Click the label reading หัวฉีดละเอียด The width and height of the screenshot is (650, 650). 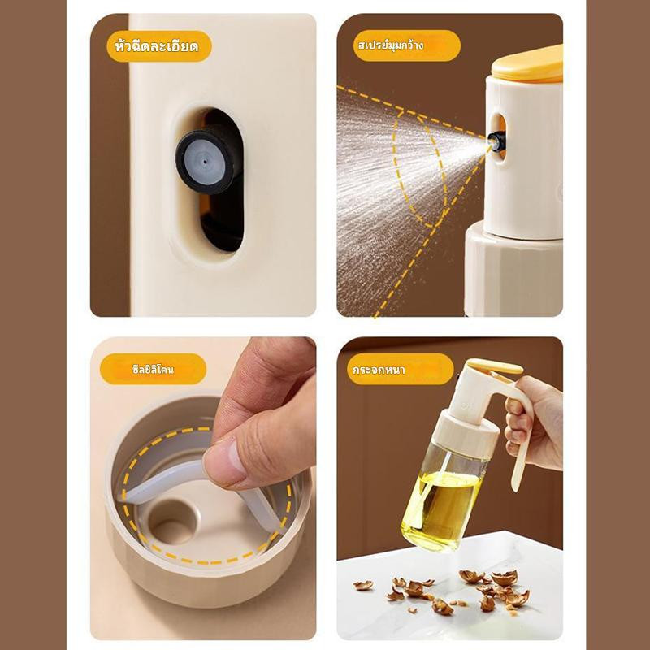157,46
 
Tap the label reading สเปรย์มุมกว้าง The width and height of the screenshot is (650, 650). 391,45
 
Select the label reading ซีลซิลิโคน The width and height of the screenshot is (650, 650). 153,369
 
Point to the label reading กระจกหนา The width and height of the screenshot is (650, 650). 379,370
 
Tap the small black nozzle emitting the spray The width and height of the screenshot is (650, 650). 496,140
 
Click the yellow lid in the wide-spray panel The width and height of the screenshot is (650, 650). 527,65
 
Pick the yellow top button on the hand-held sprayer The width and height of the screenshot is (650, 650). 495,366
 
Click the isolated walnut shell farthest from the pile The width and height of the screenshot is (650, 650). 363,585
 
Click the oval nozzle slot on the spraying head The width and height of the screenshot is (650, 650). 498,137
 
